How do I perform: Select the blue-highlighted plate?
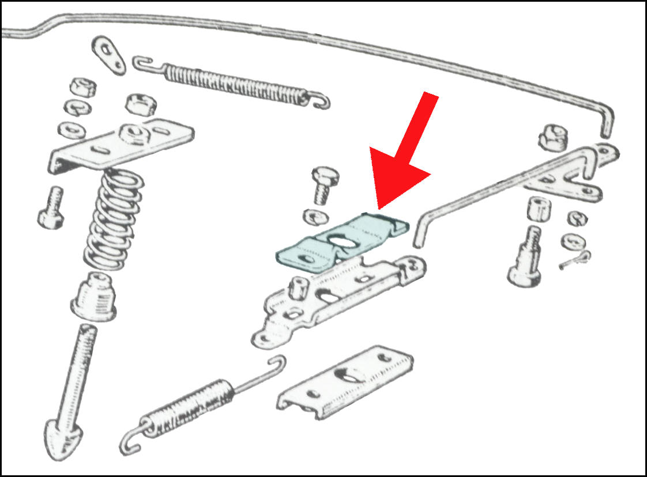[306, 253]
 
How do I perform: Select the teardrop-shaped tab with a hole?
[110, 54]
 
